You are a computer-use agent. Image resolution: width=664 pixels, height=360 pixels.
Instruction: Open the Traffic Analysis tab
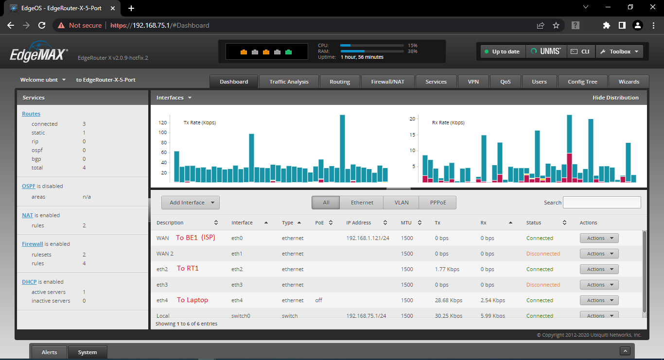[289, 82]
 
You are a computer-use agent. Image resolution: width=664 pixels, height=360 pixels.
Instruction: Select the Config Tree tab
[582, 82]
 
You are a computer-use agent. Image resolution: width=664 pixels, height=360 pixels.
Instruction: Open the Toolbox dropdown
[619, 51]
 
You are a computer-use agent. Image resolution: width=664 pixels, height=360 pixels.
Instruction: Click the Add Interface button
[191, 203]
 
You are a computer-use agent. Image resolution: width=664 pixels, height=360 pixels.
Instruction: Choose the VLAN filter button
[402, 203]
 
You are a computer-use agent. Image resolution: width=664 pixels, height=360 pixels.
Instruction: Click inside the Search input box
[601, 203]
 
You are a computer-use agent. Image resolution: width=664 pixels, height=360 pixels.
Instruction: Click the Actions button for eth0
[599, 238]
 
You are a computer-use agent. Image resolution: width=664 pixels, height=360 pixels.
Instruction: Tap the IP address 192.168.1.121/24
[367, 238]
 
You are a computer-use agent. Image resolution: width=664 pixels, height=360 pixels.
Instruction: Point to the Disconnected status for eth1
[543, 254]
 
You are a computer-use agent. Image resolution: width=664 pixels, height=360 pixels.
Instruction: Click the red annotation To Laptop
[192, 300]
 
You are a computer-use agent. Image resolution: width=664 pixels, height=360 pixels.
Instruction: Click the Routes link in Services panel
[31, 114]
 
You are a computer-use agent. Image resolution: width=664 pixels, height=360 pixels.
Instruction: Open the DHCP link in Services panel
[29, 282]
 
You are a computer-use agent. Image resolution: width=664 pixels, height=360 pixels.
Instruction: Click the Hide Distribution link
[615, 98]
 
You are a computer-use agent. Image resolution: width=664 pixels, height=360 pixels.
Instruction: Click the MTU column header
[406, 223]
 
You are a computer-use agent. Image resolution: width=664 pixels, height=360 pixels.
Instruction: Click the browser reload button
[42, 25]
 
